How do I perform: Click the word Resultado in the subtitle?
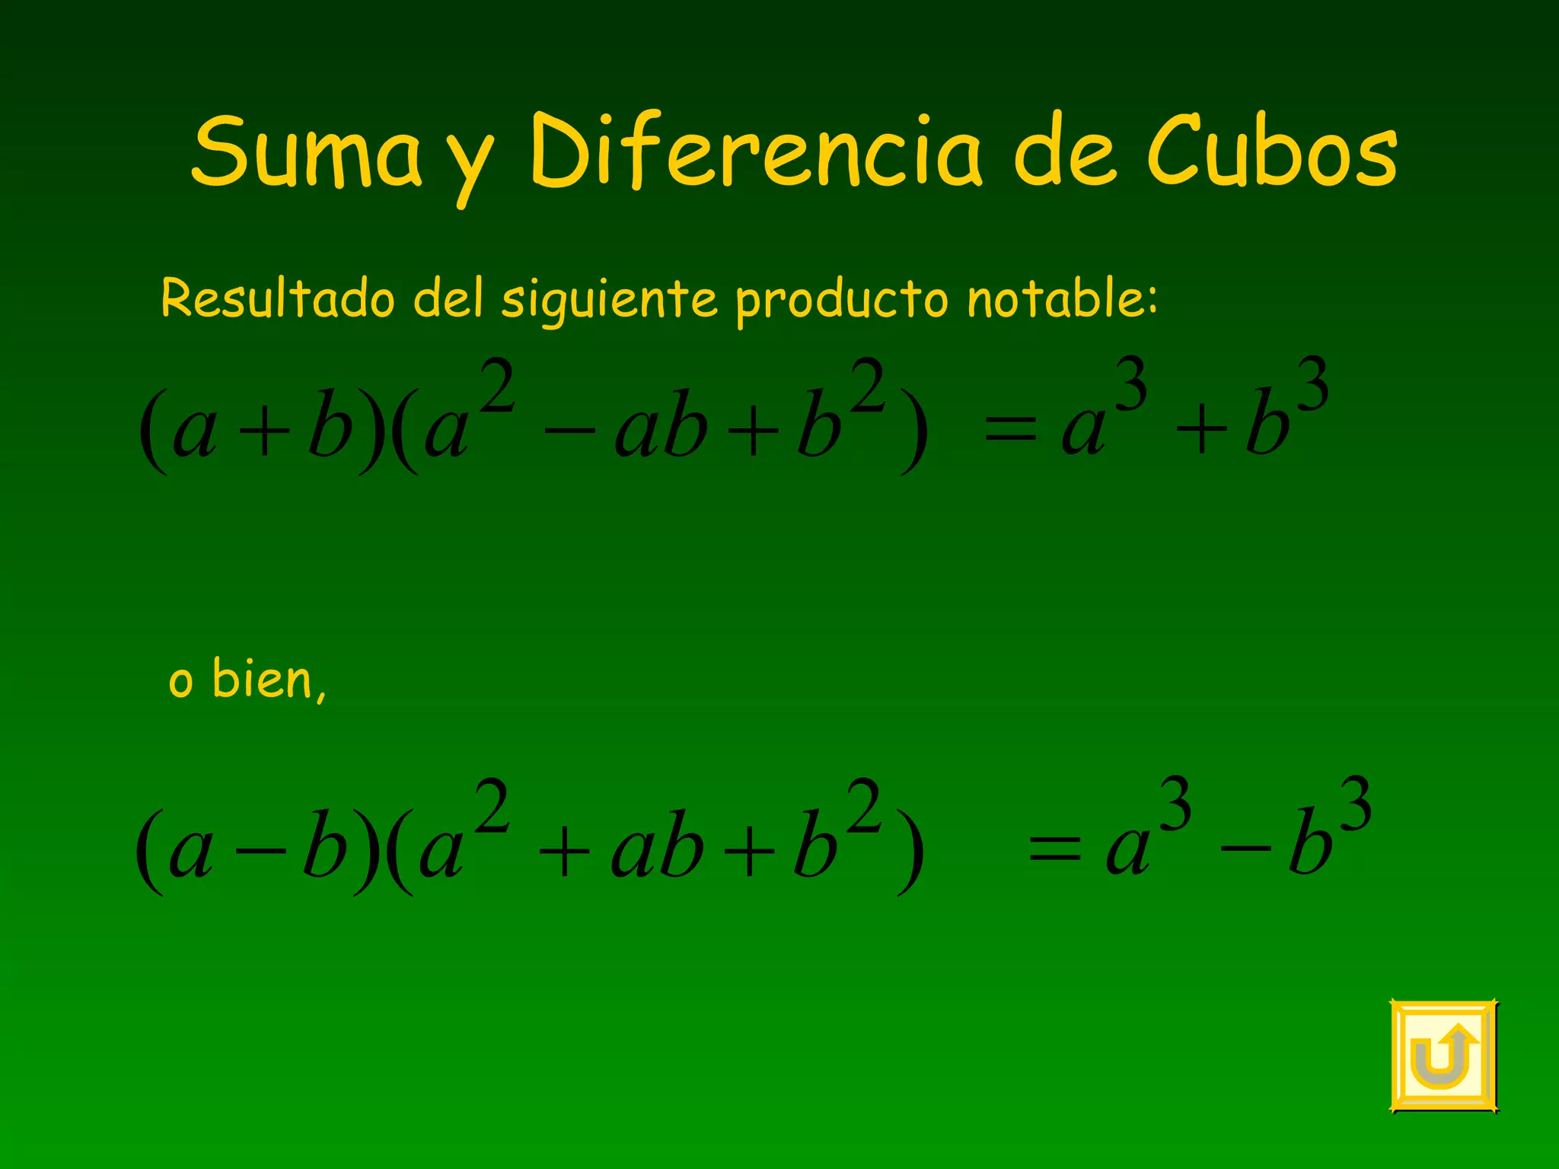pyautogui.click(x=278, y=298)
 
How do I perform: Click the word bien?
pyautogui.click(x=263, y=679)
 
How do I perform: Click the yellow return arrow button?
pyautogui.click(x=1443, y=1056)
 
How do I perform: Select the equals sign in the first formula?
pyautogui.click(x=1011, y=432)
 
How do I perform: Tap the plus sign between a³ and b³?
pyautogui.click(x=1201, y=431)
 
